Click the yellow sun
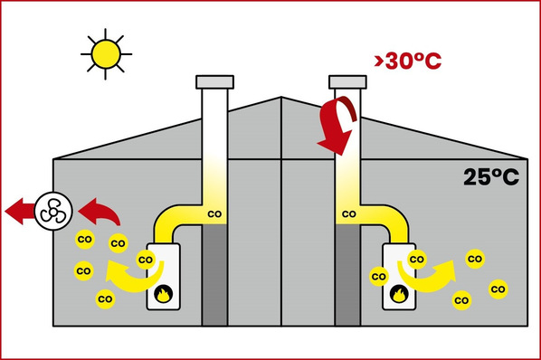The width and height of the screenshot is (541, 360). (x=106, y=54)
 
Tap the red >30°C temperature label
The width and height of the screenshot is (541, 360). (x=408, y=61)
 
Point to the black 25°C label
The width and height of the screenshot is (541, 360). (x=491, y=177)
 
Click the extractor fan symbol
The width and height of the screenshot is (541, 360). (x=53, y=211)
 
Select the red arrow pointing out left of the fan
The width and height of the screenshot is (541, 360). (x=20, y=211)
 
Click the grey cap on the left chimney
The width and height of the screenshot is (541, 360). (x=214, y=82)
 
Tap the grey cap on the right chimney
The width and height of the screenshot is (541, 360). (x=347, y=82)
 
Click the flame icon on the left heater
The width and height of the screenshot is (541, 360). (x=163, y=294)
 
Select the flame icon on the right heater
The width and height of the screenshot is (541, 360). (x=399, y=294)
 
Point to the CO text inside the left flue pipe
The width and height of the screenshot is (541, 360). (x=214, y=214)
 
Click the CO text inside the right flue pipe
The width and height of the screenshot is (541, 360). (x=349, y=214)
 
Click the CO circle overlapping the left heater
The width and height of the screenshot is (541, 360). (x=146, y=260)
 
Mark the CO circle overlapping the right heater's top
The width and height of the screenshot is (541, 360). (x=417, y=259)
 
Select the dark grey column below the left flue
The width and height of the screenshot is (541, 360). (x=214, y=275)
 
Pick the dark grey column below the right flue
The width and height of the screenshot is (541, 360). (x=347, y=275)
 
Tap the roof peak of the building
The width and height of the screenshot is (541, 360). (x=281, y=97)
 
